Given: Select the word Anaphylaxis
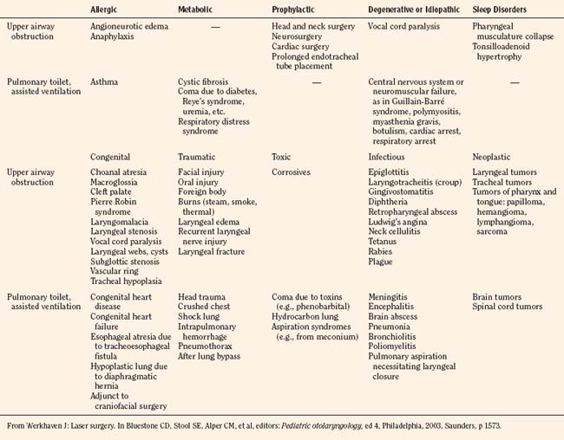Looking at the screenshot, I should [115, 37].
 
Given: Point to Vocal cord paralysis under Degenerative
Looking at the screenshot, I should [404, 27].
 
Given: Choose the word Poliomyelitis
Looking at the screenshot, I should [397, 354].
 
